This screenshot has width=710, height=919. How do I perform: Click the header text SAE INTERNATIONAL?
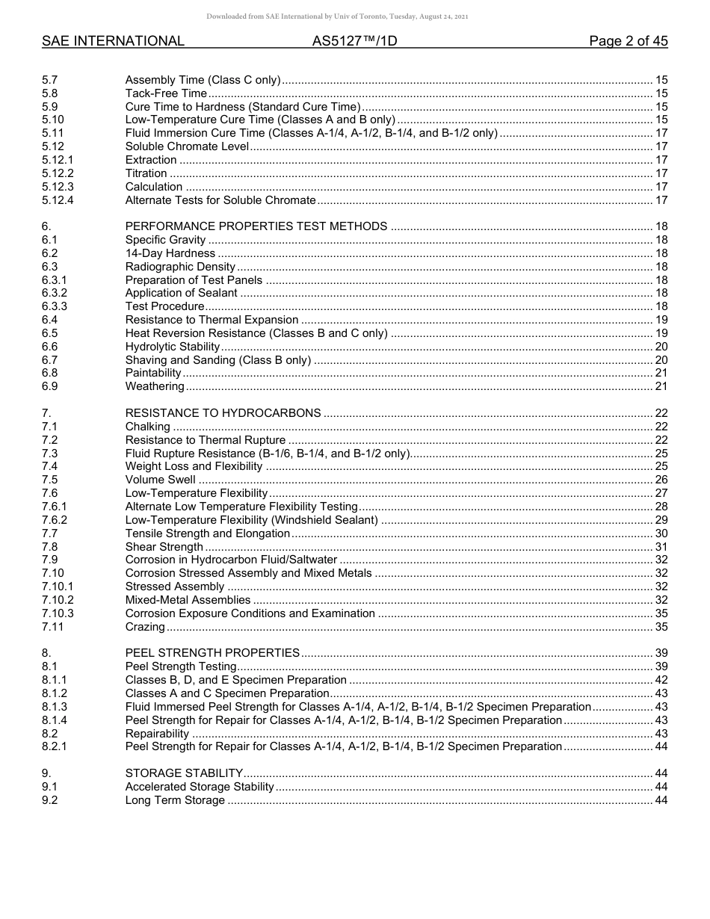(113, 41)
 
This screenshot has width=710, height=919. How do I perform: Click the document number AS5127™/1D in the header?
(354, 41)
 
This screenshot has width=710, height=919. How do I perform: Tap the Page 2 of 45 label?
(628, 41)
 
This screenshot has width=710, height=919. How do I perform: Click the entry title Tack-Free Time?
(166, 93)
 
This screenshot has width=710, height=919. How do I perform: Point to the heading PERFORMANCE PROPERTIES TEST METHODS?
(256, 226)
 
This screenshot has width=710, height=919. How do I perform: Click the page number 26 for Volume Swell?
(661, 480)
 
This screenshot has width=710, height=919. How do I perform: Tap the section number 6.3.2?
(55, 293)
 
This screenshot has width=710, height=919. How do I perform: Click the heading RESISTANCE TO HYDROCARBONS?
(223, 413)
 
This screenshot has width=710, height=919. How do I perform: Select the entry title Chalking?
(148, 427)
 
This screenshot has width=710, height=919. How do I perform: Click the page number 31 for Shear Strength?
(661, 547)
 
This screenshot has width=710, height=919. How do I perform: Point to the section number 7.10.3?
(58, 613)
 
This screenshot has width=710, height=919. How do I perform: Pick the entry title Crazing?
(146, 627)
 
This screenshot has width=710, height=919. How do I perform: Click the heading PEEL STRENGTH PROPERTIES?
(212, 653)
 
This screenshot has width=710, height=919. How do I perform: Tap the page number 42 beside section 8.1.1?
(661, 680)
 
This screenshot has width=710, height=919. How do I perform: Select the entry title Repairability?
(157, 734)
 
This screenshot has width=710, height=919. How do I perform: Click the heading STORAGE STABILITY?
(184, 773)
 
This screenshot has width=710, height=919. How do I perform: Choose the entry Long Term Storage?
(175, 800)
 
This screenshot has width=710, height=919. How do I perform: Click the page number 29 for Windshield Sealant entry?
(661, 520)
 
